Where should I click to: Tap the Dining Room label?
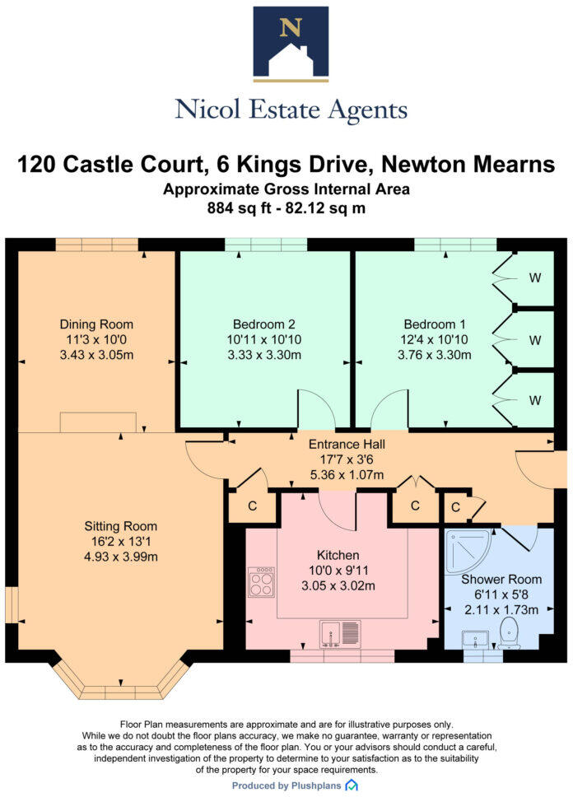(96, 324)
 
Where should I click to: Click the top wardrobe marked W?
(534, 277)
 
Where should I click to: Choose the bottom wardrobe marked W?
(534, 400)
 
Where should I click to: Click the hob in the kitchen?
(262, 582)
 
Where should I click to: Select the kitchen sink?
(340, 632)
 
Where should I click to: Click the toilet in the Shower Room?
(510, 635)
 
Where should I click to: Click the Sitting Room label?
(120, 525)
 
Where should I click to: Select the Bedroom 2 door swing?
(312, 409)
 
